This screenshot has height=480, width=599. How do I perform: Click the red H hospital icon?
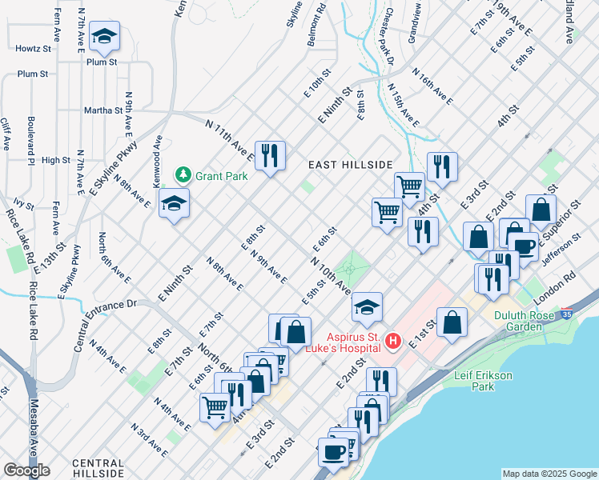click(392, 342)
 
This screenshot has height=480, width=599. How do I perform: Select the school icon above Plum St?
click(103, 36)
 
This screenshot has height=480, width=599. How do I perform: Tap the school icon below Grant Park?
click(174, 203)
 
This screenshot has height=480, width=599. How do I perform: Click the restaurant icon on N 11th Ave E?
click(270, 154)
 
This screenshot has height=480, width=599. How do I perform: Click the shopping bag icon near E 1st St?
click(452, 322)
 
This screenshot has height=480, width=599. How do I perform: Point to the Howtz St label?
click(33, 49)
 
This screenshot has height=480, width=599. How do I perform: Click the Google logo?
click(26, 470)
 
